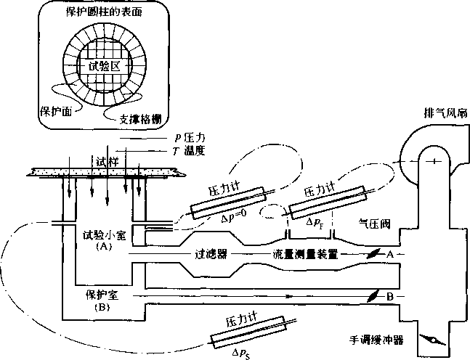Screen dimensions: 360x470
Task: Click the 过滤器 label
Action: (x=211, y=255)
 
